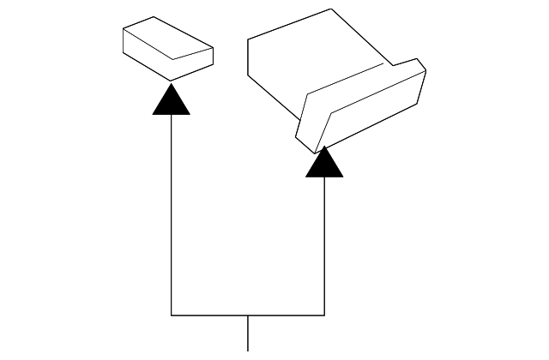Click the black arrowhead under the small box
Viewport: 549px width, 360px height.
(x=171, y=102)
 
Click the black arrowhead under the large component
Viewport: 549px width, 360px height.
(x=324, y=165)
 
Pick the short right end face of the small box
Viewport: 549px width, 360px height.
(x=193, y=64)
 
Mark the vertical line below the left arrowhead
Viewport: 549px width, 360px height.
(x=172, y=214)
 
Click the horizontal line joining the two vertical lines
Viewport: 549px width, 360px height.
(x=214, y=315)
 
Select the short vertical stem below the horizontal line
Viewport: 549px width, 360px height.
(x=248, y=334)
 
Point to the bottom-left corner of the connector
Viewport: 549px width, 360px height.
(x=172, y=315)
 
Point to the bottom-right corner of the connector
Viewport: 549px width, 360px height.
(x=324, y=315)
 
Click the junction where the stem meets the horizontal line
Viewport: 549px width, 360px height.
(x=248, y=315)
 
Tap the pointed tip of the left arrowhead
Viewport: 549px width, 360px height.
(x=171, y=83)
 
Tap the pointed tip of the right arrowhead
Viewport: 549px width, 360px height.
(x=324, y=147)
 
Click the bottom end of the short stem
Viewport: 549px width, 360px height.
(x=248, y=350)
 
